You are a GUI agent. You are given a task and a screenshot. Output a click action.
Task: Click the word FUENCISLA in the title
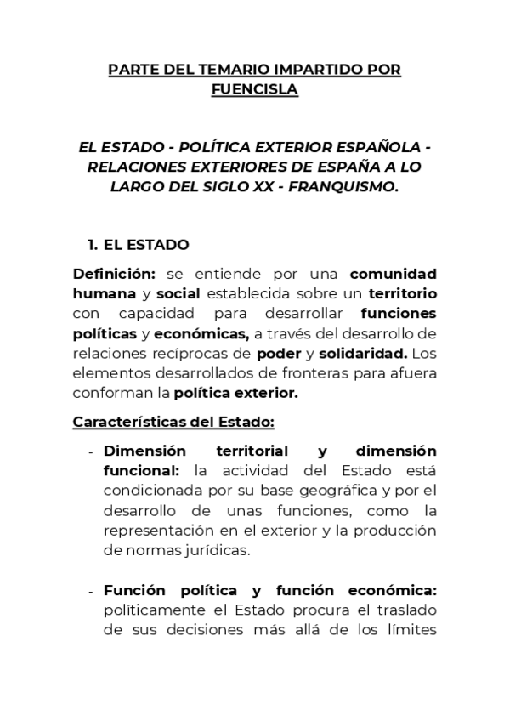click(x=255, y=88)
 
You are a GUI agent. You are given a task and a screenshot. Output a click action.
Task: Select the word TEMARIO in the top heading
click(x=224, y=69)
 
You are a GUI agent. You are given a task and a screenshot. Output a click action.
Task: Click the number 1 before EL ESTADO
click(x=92, y=245)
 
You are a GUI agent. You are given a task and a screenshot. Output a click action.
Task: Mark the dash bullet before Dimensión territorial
click(x=91, y=451)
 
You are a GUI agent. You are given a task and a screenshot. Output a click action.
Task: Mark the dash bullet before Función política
click(x=91, y=591)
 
